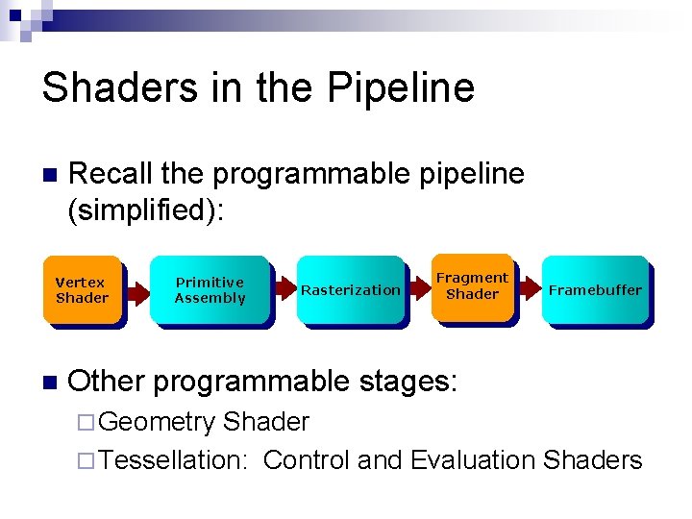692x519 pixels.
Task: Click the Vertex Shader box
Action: pos(83,290)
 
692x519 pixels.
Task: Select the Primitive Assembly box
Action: pos(210,290)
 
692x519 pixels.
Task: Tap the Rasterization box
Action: pos(351,290)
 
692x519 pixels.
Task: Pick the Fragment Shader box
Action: pos(472,286)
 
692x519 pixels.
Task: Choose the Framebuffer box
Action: pos(595,289)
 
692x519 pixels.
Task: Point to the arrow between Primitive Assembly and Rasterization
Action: pos(284,289)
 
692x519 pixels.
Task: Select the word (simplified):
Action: pos(145,210)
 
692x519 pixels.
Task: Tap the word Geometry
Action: pos(157,422)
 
